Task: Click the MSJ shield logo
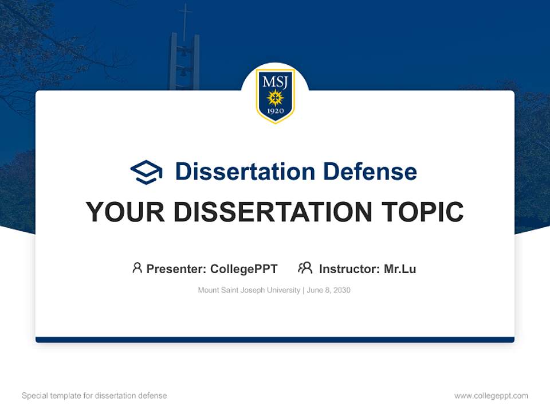pos(275,95)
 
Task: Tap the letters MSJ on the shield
pos(275,81)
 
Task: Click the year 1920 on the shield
pos(275,112)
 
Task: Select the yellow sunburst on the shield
pos(275,98)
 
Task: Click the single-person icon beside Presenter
pos(137,268)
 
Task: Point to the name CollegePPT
pos(243,269)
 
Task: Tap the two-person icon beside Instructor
pos(305,268)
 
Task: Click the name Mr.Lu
pos(400,269)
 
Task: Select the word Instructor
pos(348,269)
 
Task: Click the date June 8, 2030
pos(329,290)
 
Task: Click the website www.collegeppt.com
pos(491,396)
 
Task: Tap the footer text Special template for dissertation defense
pos(95,396)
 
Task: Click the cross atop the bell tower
pos(184,17)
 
